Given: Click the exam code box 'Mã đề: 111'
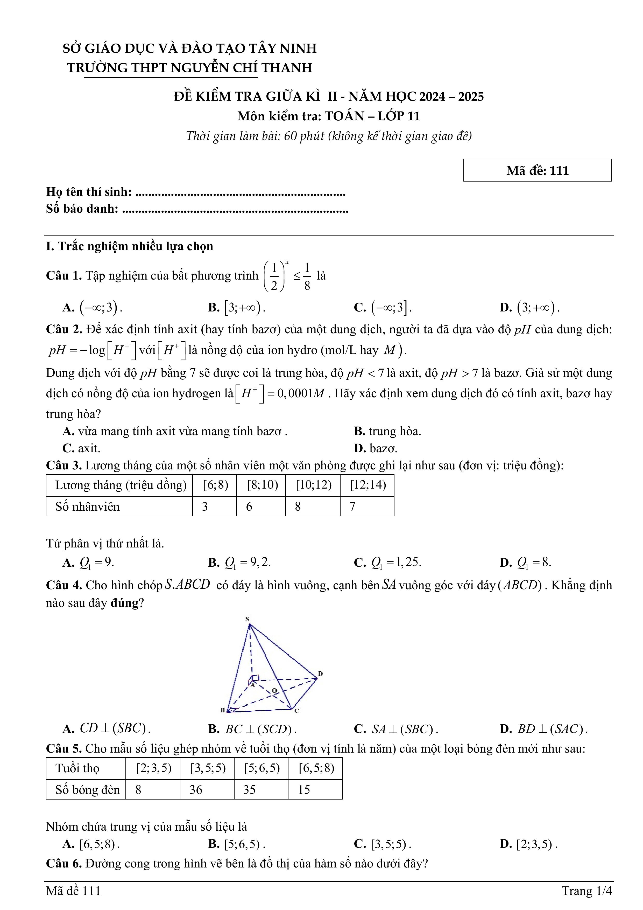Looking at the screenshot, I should click(x=537, y=170).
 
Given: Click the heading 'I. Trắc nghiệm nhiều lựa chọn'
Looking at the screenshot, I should click(x=130, y=247).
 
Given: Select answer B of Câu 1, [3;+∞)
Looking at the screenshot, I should click(x=237, y=308).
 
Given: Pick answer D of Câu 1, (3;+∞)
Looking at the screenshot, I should click(x=530, y=308).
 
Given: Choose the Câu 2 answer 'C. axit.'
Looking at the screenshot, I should click(x=82, y=448).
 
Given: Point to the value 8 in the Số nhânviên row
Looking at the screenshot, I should click(x=298, y=506).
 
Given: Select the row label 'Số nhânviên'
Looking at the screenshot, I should click(x=87, y=506).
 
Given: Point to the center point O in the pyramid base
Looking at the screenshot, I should click(x=274, y=691).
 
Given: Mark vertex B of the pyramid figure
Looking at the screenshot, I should click(x=223, y=710).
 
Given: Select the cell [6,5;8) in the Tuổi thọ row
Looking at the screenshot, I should click(x=316, y=768).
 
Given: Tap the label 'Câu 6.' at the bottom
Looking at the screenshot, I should click(x=64, y=863).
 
